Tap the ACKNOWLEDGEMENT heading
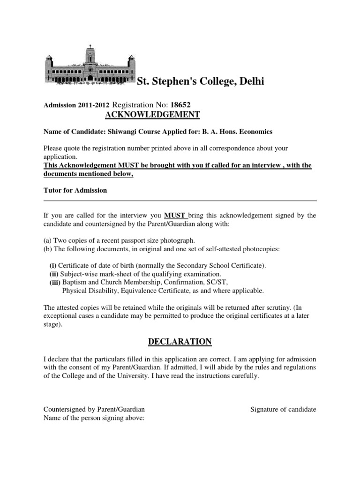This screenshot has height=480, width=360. point(151,115)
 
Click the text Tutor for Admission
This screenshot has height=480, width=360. point(75,190)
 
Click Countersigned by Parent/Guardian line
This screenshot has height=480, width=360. point(94,409)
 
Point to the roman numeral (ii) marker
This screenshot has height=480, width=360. point(55,274)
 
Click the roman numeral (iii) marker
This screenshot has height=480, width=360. point(55,282)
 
